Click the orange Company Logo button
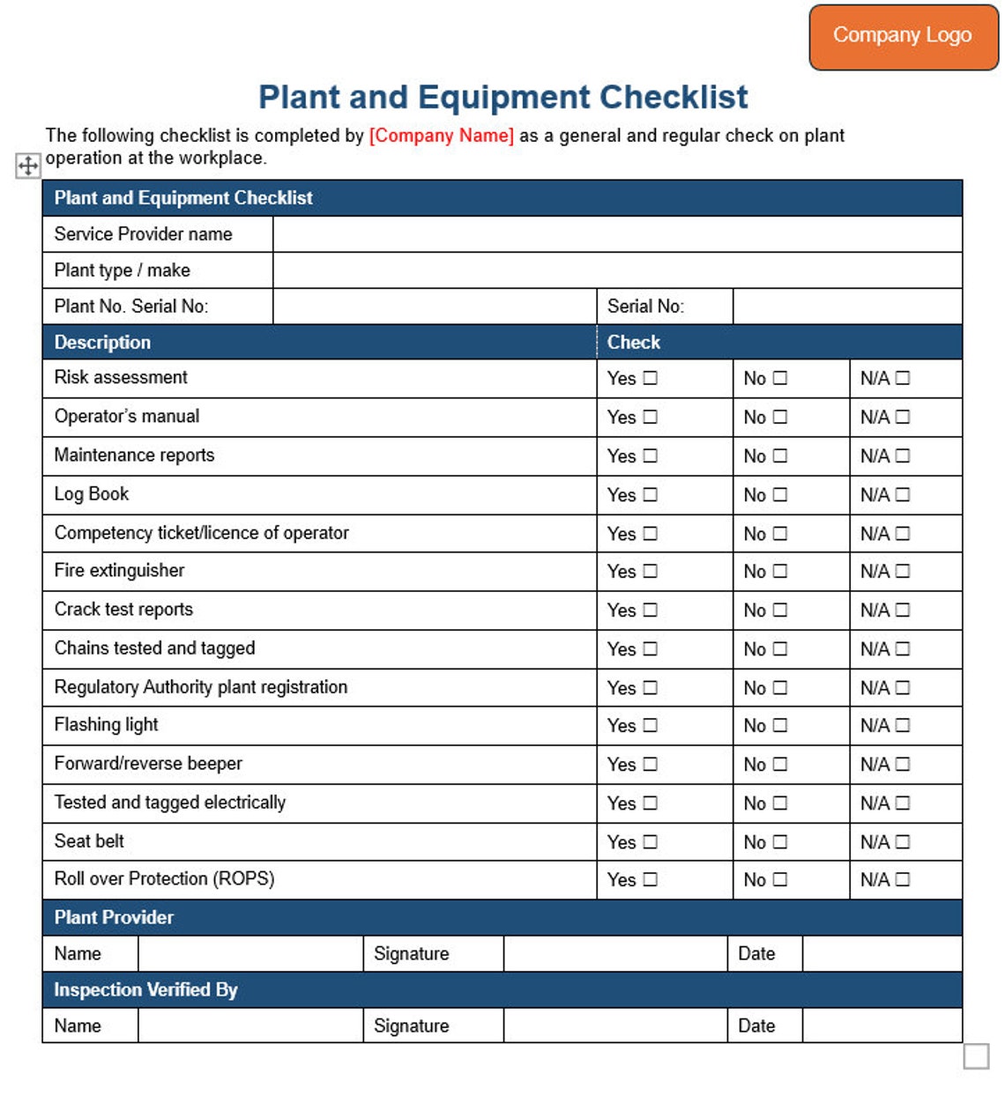click(x=903, y=36)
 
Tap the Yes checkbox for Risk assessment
click(x=651, y=378)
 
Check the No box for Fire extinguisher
click(x=780, y=572)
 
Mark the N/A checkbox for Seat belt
click(x=903, y=841)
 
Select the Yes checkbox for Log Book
click(x=651, y=494)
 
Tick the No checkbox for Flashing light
click(x=780, y=725)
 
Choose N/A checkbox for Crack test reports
click(x=903, y=610)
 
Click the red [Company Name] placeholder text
click(x=441, y=136)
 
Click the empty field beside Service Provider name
click(x=617, y=234)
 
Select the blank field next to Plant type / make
click(x=617, y=270)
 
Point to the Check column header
click(x=634, y=342)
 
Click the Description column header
click(x=102, y=342)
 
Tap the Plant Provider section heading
click(x=114, y=917)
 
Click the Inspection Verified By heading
click(x=145, y=989)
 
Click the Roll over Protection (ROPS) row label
click(x=164, y=879)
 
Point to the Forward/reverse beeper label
click(x=148, y=764)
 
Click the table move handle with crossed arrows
click(x=28, y=165)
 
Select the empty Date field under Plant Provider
click(x=882, y=953)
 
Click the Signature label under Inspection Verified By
click(x=411, y=1025)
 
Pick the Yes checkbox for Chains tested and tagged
click(x=651, y=648)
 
